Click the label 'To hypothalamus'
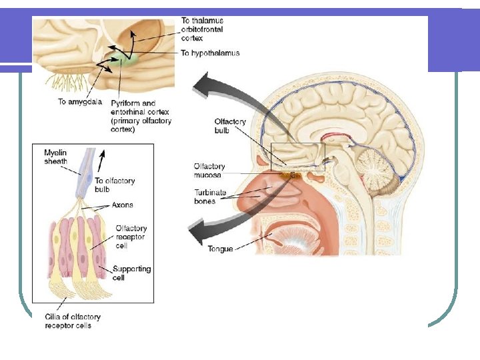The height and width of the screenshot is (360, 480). pyautogui.click(x=210, y=53)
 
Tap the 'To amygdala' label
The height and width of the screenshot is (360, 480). pyautogui.click(x=80, y=102)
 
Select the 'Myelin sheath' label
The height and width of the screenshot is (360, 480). pyautogui.click(x=55, y=156)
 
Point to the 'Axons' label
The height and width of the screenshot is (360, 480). pyautogui.click(x=122, y=205)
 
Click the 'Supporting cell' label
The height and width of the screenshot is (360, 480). pyautogui.click(x=131, y=273)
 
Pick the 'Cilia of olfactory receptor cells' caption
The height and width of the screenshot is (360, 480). pyautogui.click(x=72, y=321)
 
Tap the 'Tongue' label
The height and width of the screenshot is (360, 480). pyautogui.click(x=220, y=249)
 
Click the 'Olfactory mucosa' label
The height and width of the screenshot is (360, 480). pyautogui.click(x=209, y=170)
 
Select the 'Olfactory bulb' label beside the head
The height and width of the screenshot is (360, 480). pyautogui.click(x=230, y=125)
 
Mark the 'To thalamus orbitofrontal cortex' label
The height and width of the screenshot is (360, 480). pyautogui.click(x=202, y=29)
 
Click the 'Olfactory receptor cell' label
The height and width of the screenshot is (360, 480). pyautogui.click(x=131, y=237)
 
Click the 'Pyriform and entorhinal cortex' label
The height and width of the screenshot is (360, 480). pyautogui.click(x=141, y=117)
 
